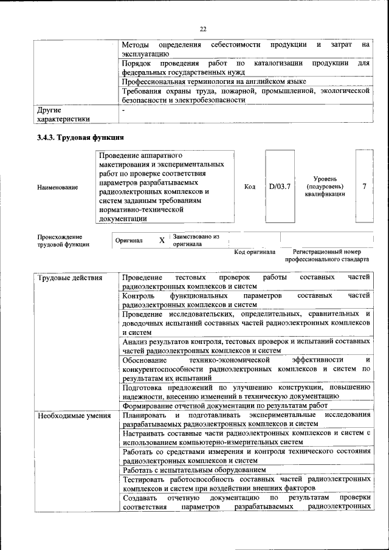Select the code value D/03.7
tap(280, 187)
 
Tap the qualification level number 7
tap(364, 187)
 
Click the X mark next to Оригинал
tap(162, 241)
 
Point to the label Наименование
tap(58, 187)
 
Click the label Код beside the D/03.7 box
tap(250, 187)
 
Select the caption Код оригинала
tap(255, 252)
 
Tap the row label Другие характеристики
tap(63, 115)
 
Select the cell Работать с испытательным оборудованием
tap(194, 470)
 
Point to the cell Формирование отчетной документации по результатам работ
tap(225, 405)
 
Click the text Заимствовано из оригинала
tap(196, 240)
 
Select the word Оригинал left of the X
tap(129, 241)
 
